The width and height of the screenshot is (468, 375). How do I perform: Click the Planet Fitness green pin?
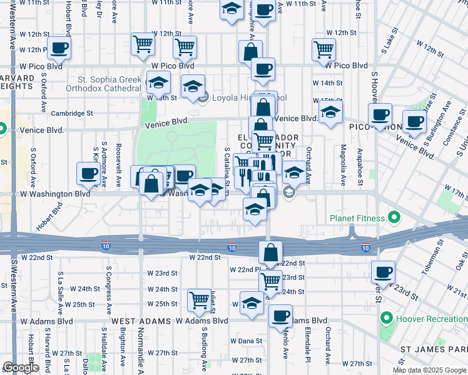pos(394,218)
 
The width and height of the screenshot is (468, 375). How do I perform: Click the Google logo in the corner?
pos(21,367)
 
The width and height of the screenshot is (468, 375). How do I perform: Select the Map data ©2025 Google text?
pos(429,370)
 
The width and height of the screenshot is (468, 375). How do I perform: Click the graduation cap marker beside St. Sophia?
pos(159,82)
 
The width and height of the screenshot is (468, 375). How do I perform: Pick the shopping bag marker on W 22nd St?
pos(270,253)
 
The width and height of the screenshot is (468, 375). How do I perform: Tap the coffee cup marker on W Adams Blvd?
pos(281,316)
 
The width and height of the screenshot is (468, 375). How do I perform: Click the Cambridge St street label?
pos(73,114)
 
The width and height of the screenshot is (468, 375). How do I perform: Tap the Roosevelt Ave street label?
pos(118,166)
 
